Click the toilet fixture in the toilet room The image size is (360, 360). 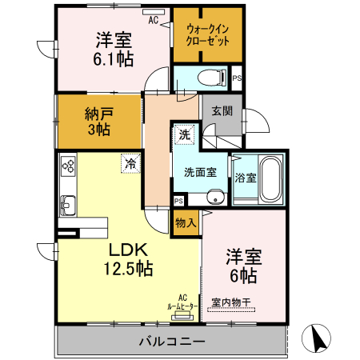[x=210, y=78]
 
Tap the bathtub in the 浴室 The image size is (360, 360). [x=270, y=178]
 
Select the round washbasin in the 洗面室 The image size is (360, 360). [x=214, y=199]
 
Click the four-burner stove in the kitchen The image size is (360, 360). [x=67, y=167]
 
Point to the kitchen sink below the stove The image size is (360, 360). [x=67, y=203]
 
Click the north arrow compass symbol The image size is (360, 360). [x=320, y=338]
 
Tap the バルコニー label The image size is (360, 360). [x=171, y=342]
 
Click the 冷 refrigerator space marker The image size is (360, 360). [x=130, y=162]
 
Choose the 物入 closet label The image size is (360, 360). [x=186, y=222]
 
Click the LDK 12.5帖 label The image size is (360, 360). [x=126, y=258]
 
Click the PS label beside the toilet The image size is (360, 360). [x=237, y=78]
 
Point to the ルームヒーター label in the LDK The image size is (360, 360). [x=183, y=305]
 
